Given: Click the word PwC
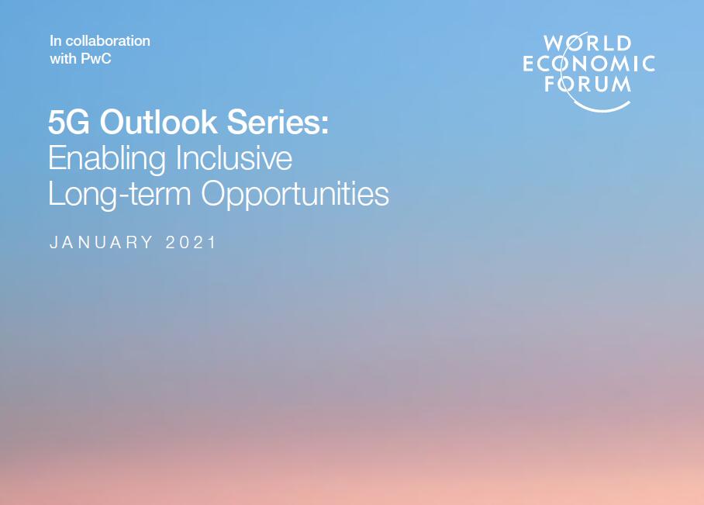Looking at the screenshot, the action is coord(95,59).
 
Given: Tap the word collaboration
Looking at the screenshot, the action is coord(108,41).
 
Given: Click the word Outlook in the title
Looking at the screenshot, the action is coord(158,122).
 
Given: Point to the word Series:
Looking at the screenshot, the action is coord(278,122).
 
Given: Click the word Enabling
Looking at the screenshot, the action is coord(107,160).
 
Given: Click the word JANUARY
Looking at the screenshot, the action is coord(101,243).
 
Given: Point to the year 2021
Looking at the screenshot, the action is coord(191,243).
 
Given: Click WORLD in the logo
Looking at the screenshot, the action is coord(588,43).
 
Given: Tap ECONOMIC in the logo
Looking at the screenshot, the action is coord(588,64).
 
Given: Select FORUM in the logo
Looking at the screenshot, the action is coord(588,84).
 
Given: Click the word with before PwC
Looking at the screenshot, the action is coord(64,59).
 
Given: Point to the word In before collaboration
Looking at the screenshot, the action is coord(56,41).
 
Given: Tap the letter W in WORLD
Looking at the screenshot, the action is coord(553,43).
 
